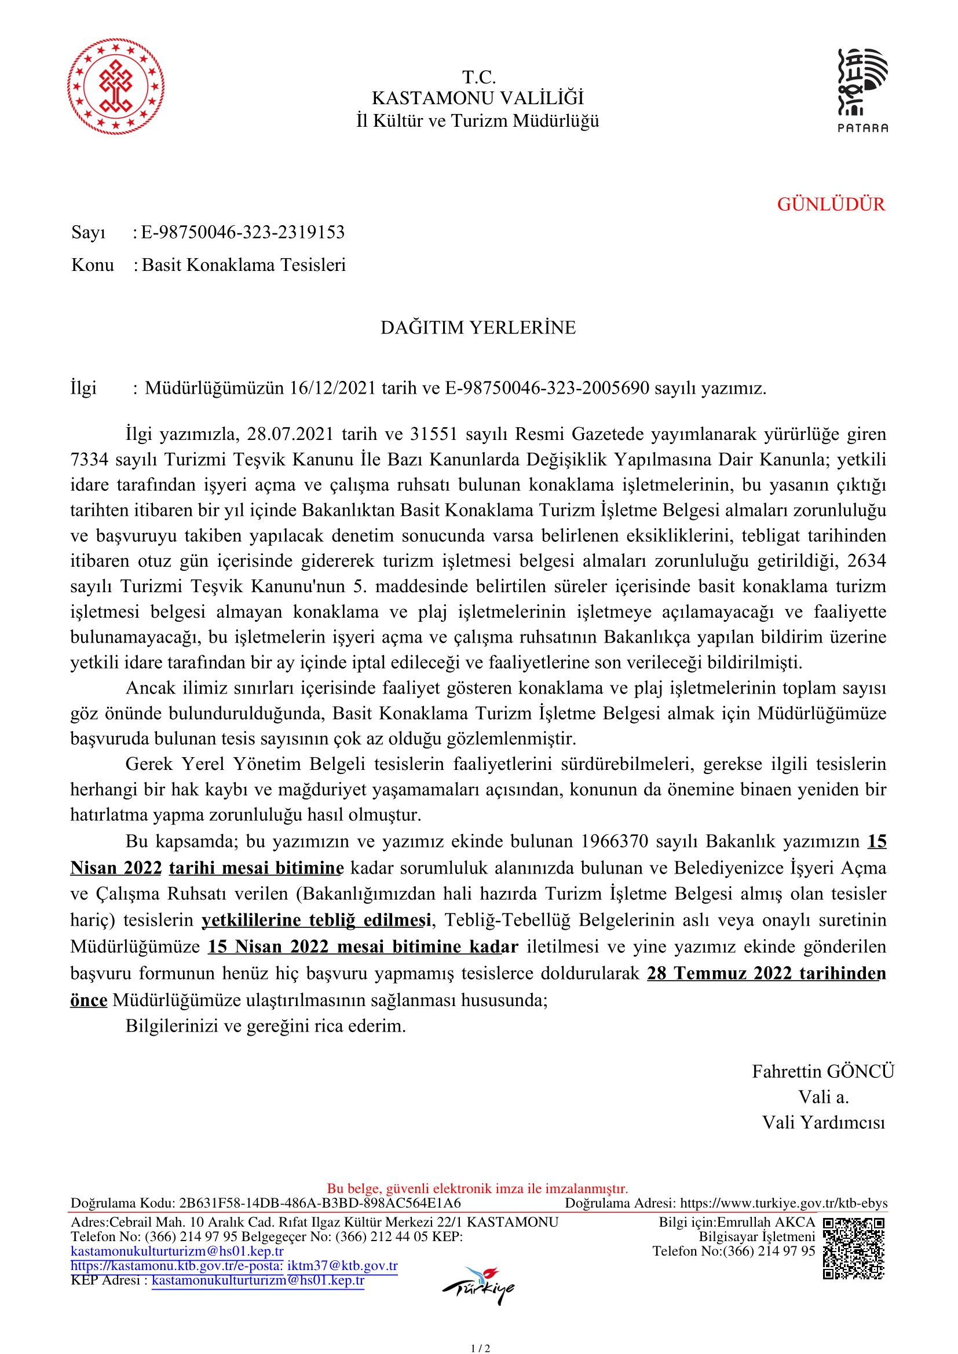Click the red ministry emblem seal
[x=116, y=87]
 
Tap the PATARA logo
[x=862, y=90]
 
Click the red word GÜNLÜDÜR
[x=831, y=204]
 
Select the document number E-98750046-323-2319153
[x=243, y=232]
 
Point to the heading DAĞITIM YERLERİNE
[x=478, y=327]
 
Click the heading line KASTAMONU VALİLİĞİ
[x=478, y=98]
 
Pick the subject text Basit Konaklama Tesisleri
[x=244, y=265]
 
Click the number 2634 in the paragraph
[x=866, y=561]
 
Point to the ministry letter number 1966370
[x=614, y=841]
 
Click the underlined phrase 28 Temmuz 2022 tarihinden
[x=766, y=974]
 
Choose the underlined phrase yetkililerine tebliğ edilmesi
[x=316, y=920]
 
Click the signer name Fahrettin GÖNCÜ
[x=823, y=1072]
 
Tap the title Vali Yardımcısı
[x=824, y=1122]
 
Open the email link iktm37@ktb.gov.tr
[x=342, y=1265]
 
